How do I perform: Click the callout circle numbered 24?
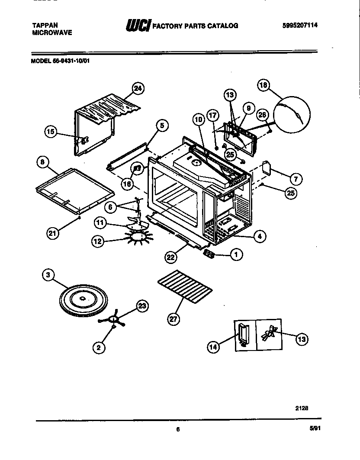click(x=138, y=89)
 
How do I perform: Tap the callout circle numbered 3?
click(x=49, y=275)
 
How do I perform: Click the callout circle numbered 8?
click(x=42, y=163)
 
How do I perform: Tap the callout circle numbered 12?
click(x=98, y=241)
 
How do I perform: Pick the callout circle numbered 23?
click(x=142, y=306)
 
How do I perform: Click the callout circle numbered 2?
click(x=100, y=347)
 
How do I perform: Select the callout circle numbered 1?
click(x=236, y=255)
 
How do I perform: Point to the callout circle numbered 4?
click(x=260, y=236)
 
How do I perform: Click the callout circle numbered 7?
click(x=296, y=178)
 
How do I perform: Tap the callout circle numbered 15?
click(x=51, y=132)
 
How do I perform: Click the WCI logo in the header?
click(x=137, y=26)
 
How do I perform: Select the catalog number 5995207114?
click(x=299, y=25)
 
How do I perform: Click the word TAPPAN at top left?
click(x=45, y=25)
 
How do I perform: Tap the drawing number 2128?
click(x=302, y=407)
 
